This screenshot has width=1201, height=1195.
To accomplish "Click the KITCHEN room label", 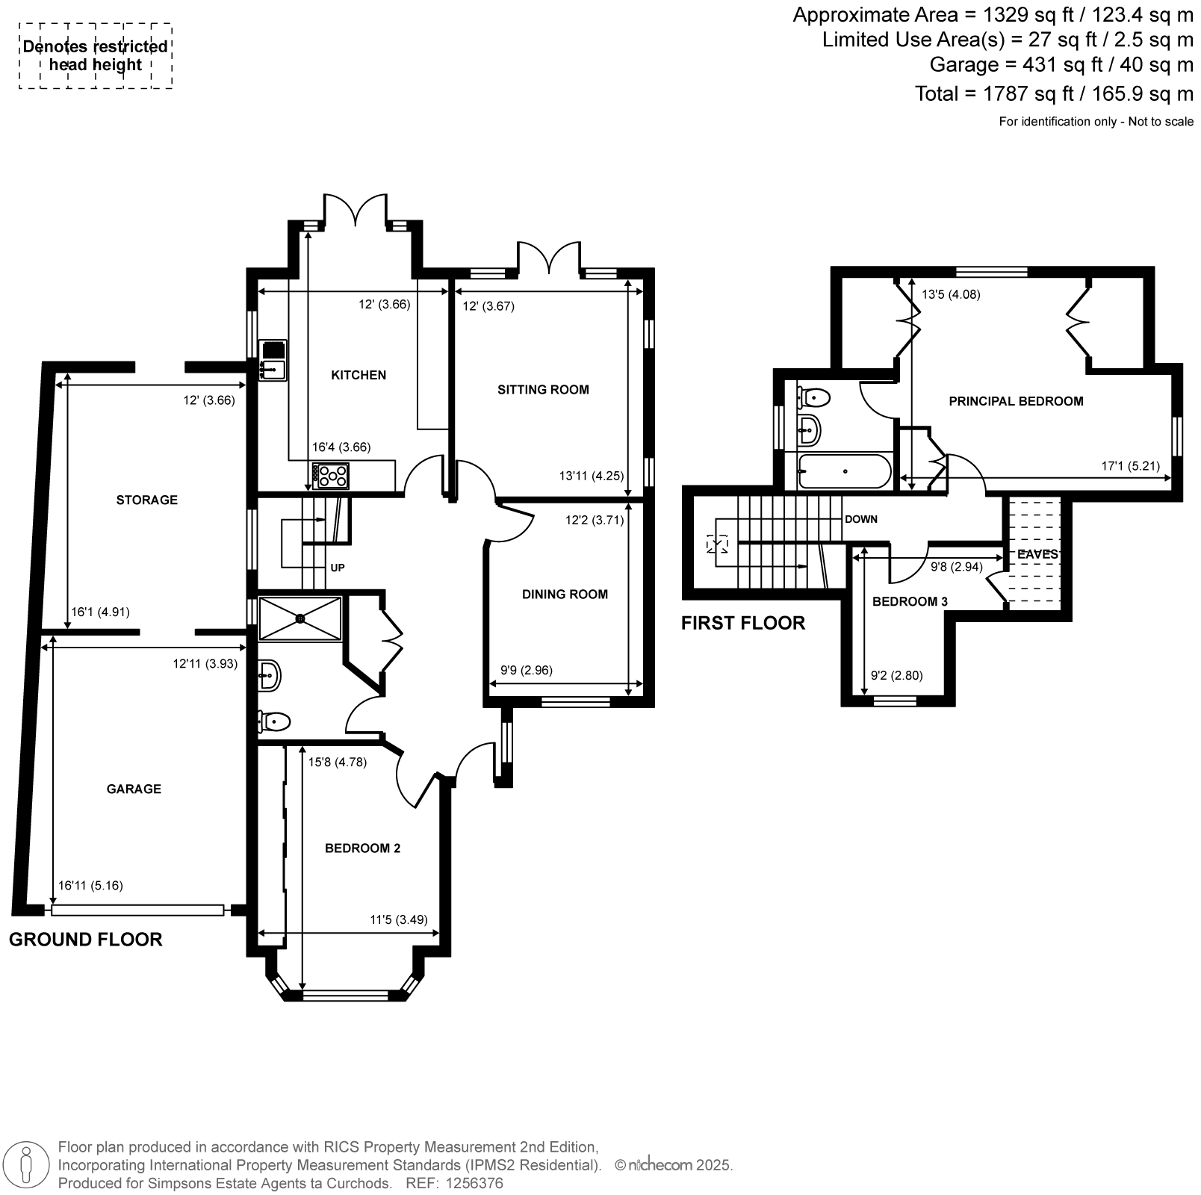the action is click(x=359, y=375).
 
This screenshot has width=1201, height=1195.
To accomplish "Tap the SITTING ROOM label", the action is click(x=543, y=389).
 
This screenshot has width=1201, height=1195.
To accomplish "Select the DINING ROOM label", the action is click(x=565, y=595).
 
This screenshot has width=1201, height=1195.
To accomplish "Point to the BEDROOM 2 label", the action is click(x=362, y=848).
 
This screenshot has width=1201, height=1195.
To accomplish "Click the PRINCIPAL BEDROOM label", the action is click(x=1016, y=401).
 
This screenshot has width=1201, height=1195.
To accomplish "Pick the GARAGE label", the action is click(x=134, y=789).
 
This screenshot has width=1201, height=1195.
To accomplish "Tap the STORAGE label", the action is click(x=146, y=500).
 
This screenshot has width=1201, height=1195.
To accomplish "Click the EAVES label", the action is click(x=1037, y=554).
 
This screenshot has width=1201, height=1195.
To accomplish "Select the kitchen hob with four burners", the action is click(x=331, y=476).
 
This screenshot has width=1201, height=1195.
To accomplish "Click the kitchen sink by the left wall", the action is click(x=273, y=360).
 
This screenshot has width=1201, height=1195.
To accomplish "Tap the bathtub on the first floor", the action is click(x=844, y=471).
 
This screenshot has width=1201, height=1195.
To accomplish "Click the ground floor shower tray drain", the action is click(x=300, y=618).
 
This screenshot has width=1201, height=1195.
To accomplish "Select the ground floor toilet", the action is click(x=274, y=721).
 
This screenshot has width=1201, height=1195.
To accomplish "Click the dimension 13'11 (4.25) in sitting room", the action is click(x=591, y=476).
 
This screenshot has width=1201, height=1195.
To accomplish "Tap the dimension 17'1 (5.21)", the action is click(x=1131, y=466).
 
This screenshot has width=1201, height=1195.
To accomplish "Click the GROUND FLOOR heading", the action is click(x=85, y=940).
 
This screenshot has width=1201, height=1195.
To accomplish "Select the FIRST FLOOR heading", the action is click(x=743, y=623).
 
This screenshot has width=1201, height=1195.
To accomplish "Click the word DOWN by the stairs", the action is click(x=861, y=519).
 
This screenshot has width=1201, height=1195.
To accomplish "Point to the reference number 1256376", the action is click(x=474, y=1183).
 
